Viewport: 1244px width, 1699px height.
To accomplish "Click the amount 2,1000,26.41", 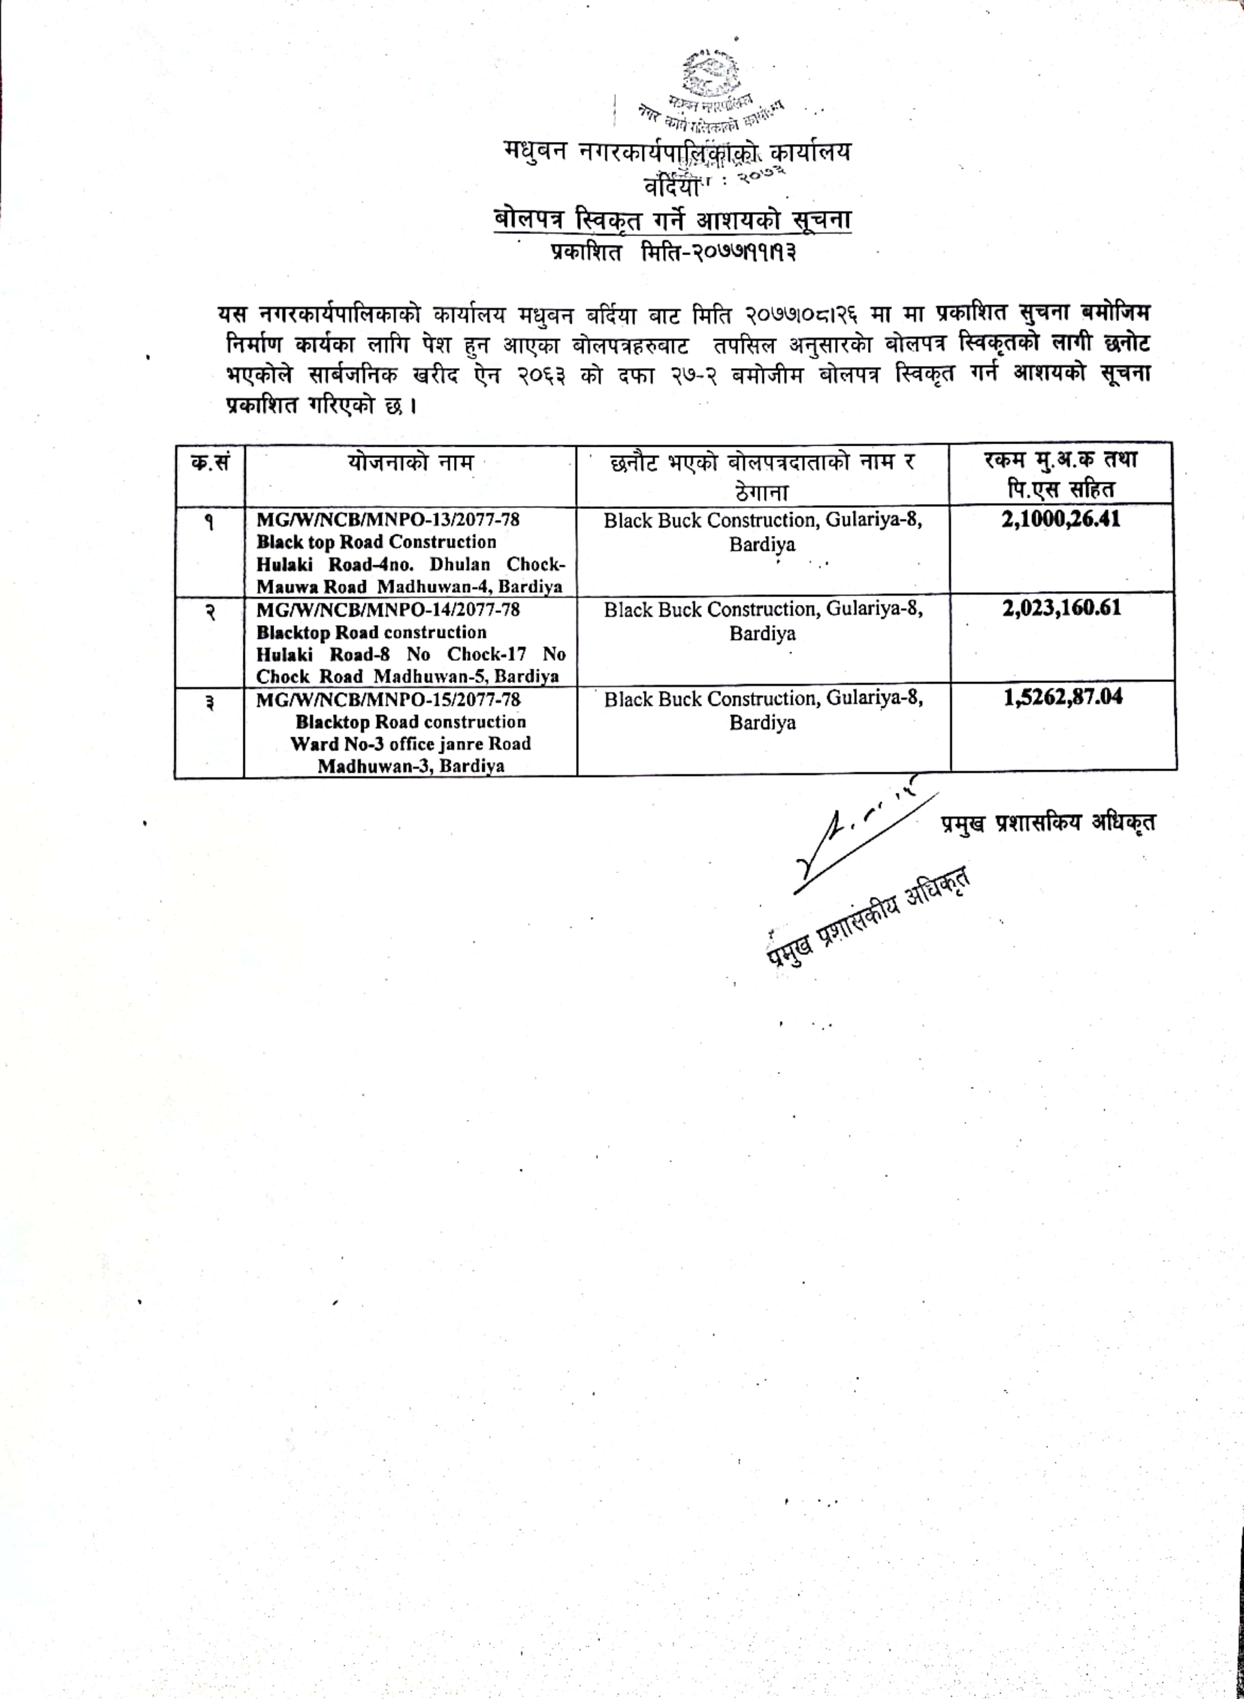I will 1060,520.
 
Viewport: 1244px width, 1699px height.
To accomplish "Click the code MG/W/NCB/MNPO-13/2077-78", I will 388,520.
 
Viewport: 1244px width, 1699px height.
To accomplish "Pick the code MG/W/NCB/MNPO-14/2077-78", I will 388,609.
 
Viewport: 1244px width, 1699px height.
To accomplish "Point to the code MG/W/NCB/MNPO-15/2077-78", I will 388,699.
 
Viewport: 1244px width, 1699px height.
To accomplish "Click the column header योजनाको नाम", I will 410,462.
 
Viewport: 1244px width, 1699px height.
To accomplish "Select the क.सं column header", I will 210,462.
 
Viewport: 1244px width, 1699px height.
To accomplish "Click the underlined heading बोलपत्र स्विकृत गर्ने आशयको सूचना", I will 672,221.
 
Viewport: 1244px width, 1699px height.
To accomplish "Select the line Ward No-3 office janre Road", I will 410,744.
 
